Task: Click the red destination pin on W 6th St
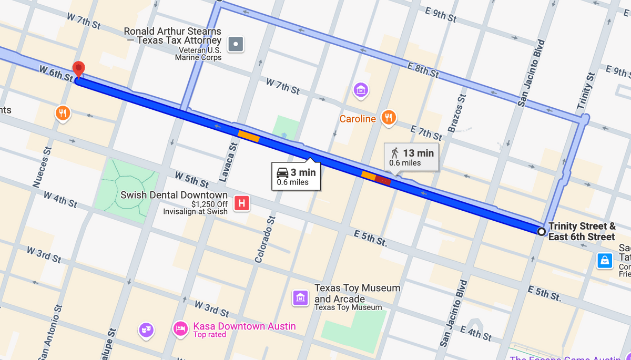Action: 78,68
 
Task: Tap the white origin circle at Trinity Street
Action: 541,231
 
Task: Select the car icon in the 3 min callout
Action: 282,172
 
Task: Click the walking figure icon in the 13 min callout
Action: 395,153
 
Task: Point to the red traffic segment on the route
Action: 383,180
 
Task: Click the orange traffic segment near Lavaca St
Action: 249,136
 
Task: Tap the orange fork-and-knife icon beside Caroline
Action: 389,118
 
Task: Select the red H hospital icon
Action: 241,203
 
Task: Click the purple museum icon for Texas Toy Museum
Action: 300,297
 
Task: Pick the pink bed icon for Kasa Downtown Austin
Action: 180,330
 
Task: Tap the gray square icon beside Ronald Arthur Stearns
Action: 236,44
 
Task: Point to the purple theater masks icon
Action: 146,330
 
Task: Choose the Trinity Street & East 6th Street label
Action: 582,231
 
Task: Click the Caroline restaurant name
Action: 358,119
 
